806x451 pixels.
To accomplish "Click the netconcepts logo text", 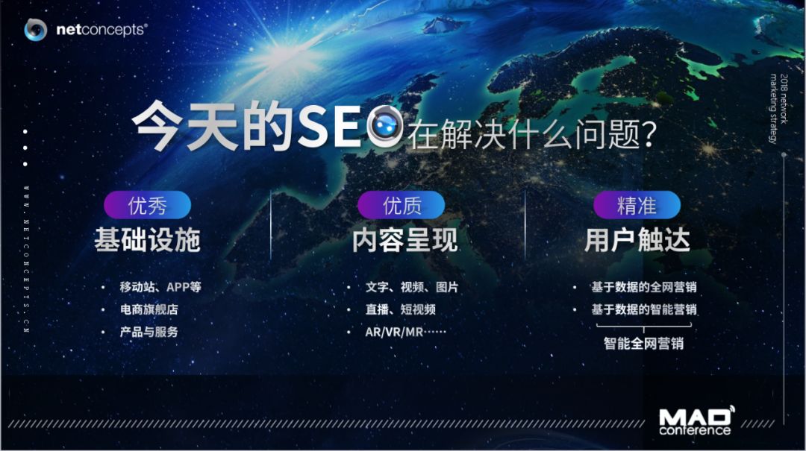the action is click(x=101, y=30).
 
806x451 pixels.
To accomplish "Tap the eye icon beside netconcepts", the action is click(x=36, y=30).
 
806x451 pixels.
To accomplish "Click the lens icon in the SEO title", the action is click(x=385, y=127).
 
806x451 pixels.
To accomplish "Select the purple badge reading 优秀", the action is click(x=148, y=206).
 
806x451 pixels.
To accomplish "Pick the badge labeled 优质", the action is click(x=402, y=206).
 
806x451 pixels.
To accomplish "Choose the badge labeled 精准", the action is click(x=637, y=206).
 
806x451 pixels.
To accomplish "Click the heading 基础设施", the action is click(x=148, y=240).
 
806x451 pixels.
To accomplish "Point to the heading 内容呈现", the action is click(x=405, y=240).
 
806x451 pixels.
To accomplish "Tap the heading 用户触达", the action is click(x=637, y=240).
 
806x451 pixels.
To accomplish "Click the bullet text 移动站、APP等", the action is click(x=160, y=286).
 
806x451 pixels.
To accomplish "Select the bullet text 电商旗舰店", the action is click(x=149, y=309).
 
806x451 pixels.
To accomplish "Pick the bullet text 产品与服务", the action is click(x=149, y=332).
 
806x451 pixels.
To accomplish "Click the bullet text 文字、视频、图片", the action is click(x=412, y=286).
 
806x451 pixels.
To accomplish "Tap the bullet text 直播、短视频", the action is click(x=401, y=309).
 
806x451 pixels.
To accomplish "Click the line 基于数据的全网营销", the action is click(x=644, y=286).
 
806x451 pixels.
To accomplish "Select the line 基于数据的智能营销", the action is click(x=644, y=309).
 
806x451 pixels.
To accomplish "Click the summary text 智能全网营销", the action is click(x=644, y=343).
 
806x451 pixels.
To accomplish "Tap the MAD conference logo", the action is click(x=696, y=421).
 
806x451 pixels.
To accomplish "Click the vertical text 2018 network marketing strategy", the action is click(x=778, y=108).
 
